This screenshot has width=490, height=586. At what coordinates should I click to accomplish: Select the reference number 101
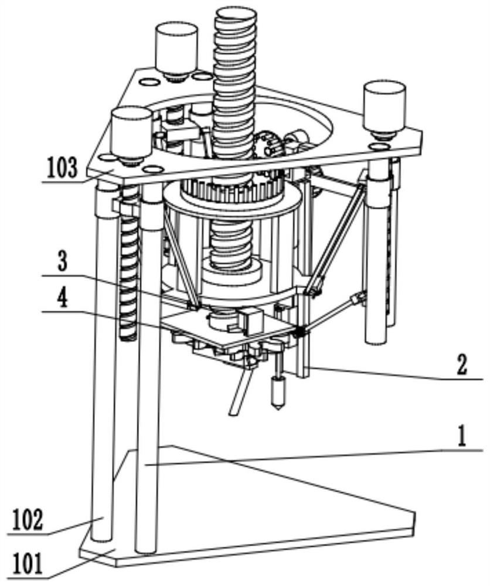(x=28, y=564)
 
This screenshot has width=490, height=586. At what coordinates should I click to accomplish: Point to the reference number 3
(x=62, y=262)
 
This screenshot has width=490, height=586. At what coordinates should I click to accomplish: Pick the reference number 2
(x=462, y=366)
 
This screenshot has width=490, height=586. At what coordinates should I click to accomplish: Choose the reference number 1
(x=462, y=437)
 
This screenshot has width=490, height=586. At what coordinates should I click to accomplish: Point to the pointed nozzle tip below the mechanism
(x=278, y=408)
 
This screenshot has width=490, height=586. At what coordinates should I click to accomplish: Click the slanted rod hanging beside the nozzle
(x=241, y=391)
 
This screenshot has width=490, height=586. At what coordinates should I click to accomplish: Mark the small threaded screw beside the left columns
(x=129, y=263)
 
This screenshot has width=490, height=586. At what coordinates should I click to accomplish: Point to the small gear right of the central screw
(x=268, y=145)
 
